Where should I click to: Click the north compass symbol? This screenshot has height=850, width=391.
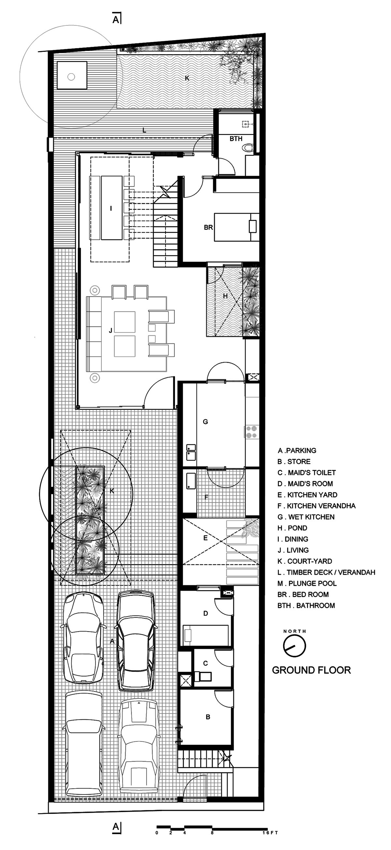click(x=295, y=646)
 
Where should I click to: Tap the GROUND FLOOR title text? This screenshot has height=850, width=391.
click(x=311, y=670)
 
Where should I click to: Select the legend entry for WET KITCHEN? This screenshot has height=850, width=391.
click(x=306, y=517)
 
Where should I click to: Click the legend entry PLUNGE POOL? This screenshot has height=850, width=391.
click(x=307, y=584)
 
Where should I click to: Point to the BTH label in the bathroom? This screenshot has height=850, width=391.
click(x=236, y=139)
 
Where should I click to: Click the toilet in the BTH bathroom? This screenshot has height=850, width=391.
click(x=248, y=147)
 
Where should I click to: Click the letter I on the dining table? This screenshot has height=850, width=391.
click(x=111, y=208)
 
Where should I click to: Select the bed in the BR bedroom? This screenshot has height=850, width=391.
click(x=237, y=227)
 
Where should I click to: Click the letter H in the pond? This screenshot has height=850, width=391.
click(x=225, y=296)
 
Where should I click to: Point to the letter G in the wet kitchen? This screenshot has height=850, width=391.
click(x=205, y=422)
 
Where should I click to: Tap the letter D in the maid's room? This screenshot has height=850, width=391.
click(x=206, y=614)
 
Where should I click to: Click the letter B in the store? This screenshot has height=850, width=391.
click(x=208, y=717)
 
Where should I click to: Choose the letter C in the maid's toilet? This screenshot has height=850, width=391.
click(x=205, y=663)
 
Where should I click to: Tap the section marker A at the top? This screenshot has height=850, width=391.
click(x=116, y=20)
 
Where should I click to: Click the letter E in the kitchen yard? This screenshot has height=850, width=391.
click(x=205, y=538)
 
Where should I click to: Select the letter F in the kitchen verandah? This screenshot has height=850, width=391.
click(x=206, y=497)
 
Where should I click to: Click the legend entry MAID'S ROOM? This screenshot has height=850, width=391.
click(x=305, y=484)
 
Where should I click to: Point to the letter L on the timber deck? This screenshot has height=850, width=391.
click(x=144, y=130)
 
